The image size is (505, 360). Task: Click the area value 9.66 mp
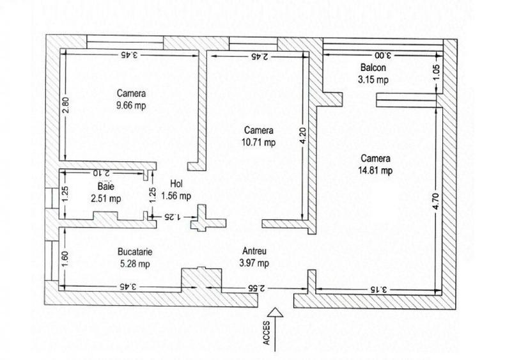tap(131, 105)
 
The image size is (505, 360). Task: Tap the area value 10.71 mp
tap(259, 142)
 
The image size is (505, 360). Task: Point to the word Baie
tap(105, 187)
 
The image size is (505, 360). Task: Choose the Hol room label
tap(177, 184)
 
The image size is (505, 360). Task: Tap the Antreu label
tap(254, 251)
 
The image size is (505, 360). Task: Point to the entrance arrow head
tap(274, 312)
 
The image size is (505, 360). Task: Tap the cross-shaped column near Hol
tap(206, 217)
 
